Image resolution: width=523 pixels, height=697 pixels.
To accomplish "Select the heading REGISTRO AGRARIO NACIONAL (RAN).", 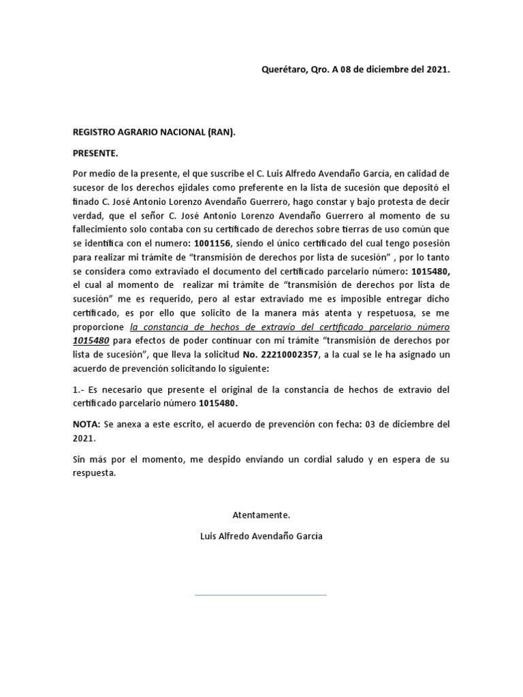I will point(154,133).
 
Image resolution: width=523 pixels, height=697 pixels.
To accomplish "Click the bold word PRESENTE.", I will point(95,153).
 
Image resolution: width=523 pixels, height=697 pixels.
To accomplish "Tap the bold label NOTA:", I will point(86,423).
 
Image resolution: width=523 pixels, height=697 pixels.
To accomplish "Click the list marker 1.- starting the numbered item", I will point(79,389).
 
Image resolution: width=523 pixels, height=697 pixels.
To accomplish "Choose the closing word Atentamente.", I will point(261,515).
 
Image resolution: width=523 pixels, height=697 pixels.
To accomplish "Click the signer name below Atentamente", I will point(261,536).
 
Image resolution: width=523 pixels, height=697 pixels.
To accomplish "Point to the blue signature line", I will point(261,595).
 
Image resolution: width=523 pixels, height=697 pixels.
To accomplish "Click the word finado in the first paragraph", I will point(87,202).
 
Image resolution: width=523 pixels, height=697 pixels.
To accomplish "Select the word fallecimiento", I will point(105,229).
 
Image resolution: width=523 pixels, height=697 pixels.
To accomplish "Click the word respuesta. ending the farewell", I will point(95,474).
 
